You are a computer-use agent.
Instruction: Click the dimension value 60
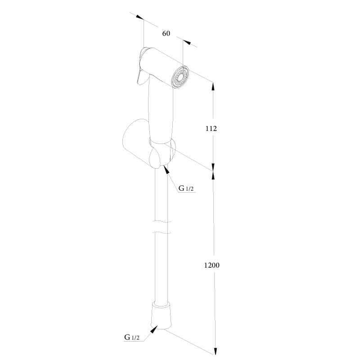pos(166,33)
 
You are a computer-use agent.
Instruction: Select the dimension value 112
pos(211,129)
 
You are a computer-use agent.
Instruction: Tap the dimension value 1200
pos(211,265)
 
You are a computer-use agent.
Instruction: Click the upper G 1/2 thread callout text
pos(186,188)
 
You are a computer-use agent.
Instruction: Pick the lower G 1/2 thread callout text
pos(132,337)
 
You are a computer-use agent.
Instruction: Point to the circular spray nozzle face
pos(181,77)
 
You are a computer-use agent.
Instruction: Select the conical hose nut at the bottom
pos(161,316)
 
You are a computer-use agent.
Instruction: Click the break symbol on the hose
pos(162,227)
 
